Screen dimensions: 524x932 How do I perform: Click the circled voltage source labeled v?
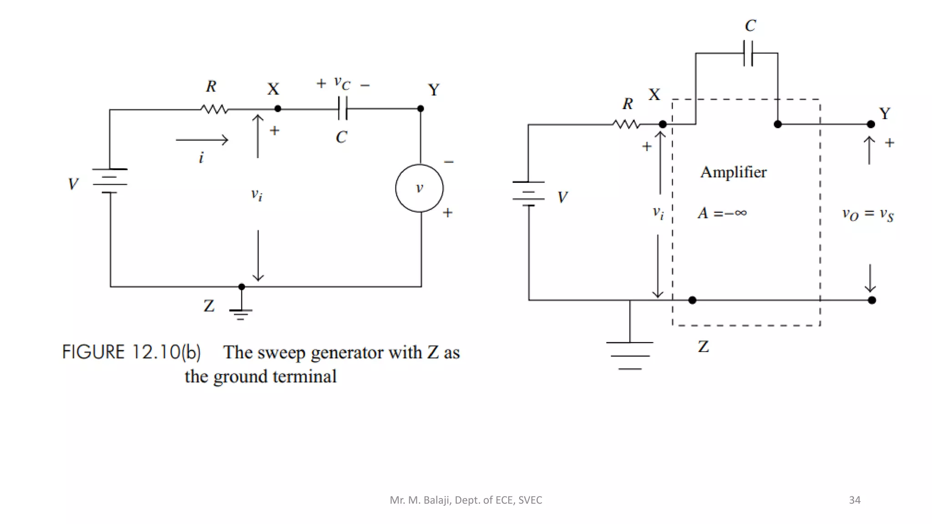(x=419, y=188)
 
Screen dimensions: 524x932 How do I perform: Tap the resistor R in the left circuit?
(x=214, y=109)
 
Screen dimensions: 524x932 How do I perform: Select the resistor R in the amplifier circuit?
(x=626, y=124)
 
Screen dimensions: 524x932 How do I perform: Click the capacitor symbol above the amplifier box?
(x=748, y=53)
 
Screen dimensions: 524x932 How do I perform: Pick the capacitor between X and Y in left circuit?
(x=343, y=109)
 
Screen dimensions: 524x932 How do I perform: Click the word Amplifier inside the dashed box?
(x=733, y=172)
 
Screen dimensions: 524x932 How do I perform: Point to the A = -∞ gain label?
(x=722, y=213)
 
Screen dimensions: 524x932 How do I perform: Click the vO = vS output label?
(x=867, y=214)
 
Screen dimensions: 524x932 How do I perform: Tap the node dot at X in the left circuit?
(x=278, y=109)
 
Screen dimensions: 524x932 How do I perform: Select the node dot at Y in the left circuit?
(x=420, y=109)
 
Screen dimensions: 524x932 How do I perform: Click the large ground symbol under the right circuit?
(x=630, y=355)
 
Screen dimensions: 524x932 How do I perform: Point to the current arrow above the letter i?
(x=202, y=140)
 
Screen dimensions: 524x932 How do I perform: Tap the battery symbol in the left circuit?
(x=110, y=181)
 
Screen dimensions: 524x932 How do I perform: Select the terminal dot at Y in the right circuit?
(x=871, y=124)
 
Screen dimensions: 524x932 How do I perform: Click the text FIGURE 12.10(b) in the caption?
(x=131, y=353)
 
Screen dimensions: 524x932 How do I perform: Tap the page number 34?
(x=854, y=500)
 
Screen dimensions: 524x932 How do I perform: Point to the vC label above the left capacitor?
(x=342, y=83)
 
